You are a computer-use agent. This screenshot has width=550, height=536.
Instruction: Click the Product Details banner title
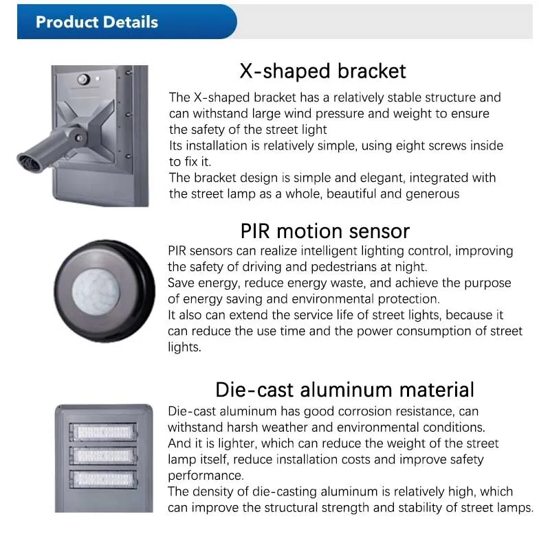[x=97, y=22]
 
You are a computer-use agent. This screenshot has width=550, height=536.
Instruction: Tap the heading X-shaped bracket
[x=322, y=71]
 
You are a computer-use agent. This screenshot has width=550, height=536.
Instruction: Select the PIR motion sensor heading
[x=324, y=231]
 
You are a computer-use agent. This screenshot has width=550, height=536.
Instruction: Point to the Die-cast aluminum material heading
[x=344, y=390]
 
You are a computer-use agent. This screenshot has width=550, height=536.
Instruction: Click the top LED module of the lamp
[x=104, y=432]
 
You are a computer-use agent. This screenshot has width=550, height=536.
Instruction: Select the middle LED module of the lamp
[x=104, y=456]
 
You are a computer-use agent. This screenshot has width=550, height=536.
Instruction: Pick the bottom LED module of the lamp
[x=104, y=479]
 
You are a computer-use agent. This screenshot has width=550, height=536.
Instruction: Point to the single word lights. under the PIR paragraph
[x=184, y=347]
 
